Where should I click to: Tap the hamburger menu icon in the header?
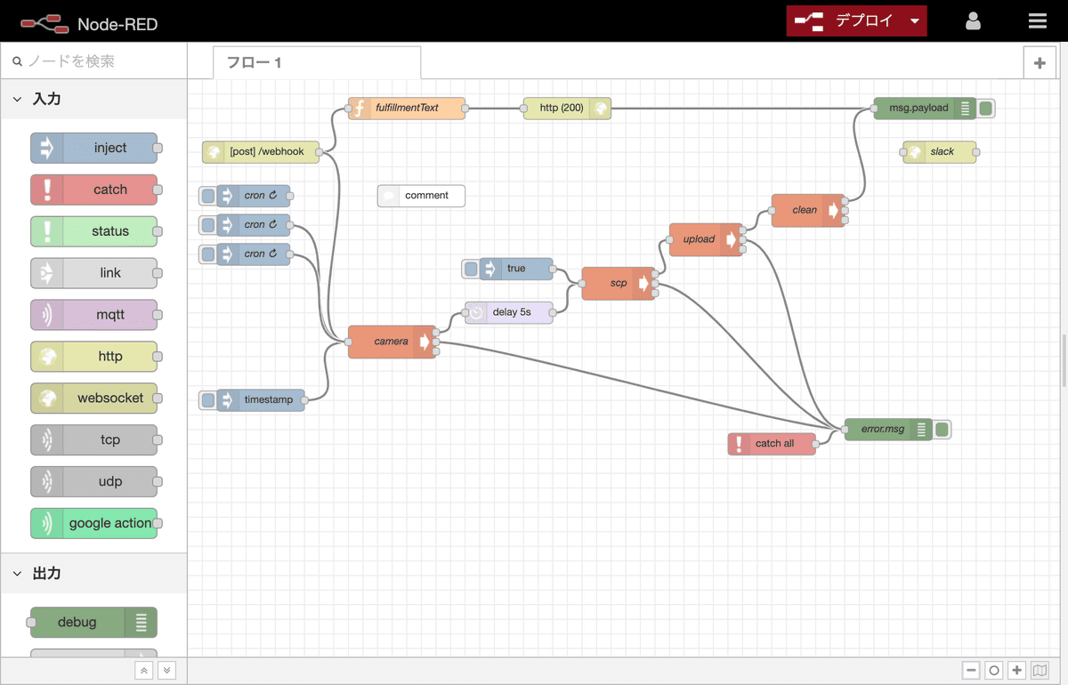click(x=1037, y=21)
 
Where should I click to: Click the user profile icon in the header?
click(x=973, y=21)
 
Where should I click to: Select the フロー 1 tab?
click(x=316, y=62)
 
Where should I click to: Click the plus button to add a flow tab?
click(x=1040, y=62)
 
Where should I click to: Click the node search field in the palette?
click(x=98, y=61)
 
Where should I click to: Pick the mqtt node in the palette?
click(x=94, y=314)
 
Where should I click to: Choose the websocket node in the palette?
click(x=94, y=398)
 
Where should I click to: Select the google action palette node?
click(x=94, y=523)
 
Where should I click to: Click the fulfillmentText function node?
click(x=407, y=109)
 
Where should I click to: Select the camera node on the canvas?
click(x=391, y=342)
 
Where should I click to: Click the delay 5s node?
click(x=511, y=312)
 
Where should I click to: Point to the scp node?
click(x=618, y=284)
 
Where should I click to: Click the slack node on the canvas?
click(x=942, y=152)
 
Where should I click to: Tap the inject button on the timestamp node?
click(x=208, y=400)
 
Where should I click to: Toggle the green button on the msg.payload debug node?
click(x=985, y=109)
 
